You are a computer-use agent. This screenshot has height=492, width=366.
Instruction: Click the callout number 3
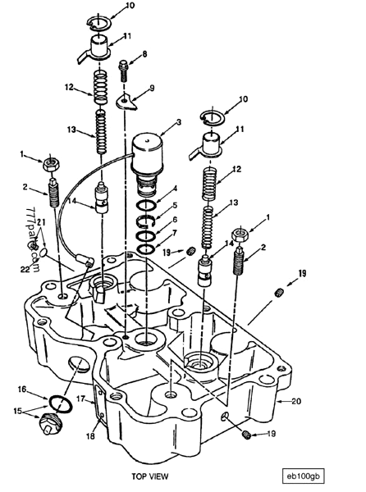click(179, 122)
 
